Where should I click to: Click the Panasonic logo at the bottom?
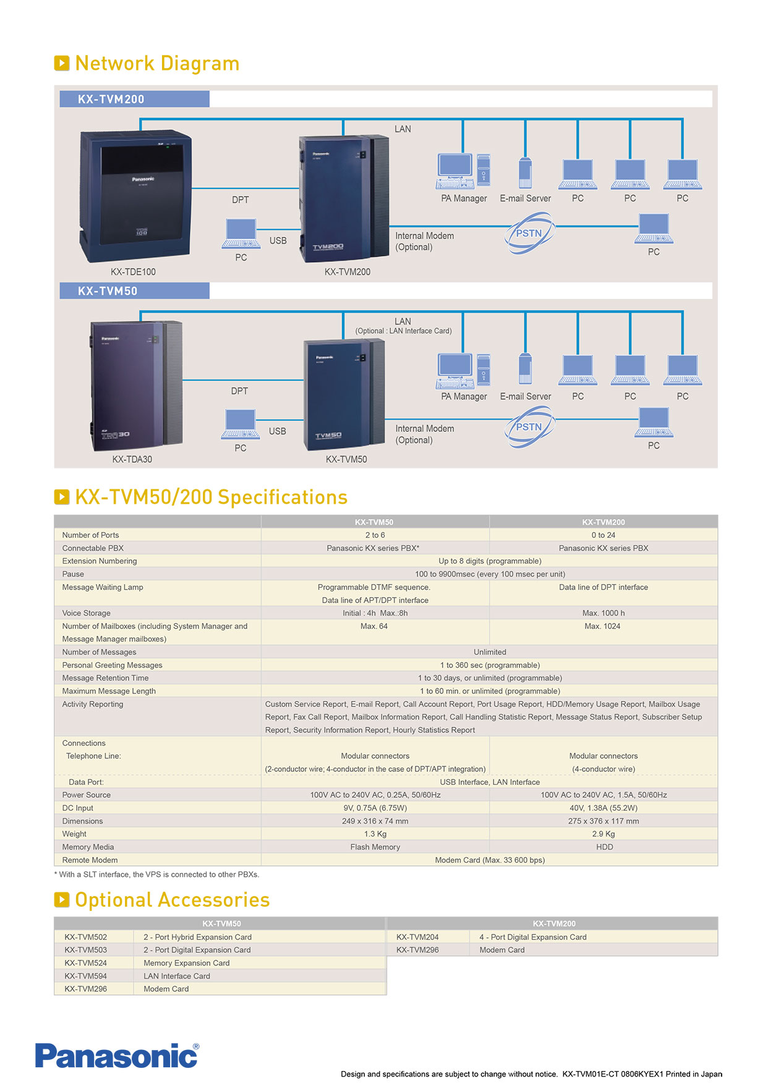(117, 1056)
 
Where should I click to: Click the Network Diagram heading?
(156, 63)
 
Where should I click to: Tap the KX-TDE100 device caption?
(133, 272)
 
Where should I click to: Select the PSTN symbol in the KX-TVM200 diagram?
(529, 233)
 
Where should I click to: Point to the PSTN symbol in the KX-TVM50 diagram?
(529, 426)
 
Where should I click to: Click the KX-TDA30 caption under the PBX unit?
(132, 459)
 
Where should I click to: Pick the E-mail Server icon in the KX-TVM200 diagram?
(525, 172)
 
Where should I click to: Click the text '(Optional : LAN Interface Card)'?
(403, 331)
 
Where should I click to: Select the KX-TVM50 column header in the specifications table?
(374, 522)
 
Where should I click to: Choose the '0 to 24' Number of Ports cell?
(603, 535)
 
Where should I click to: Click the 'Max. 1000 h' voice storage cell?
(603, 613)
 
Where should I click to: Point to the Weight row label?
(74, 834)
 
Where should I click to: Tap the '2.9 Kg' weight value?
(603, 834)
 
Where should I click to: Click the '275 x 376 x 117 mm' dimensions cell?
(603, 821)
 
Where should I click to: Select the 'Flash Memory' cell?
(375, 847)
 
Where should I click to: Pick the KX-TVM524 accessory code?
(85, 963)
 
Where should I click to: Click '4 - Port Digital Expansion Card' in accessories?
(532, 937)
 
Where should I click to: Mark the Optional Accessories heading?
(172, 900)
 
